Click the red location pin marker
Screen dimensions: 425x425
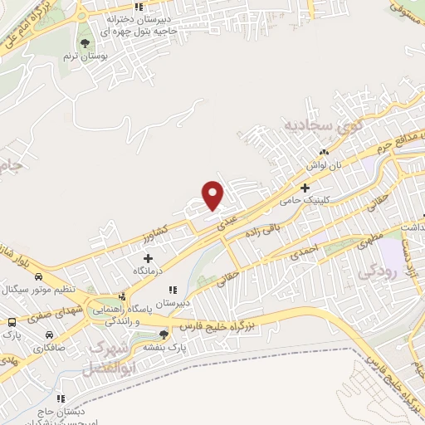[214, 194]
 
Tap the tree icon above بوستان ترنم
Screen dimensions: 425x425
[85, 42]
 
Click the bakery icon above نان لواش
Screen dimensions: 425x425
[325, 152]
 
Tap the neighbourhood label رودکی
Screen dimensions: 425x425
[370, 271]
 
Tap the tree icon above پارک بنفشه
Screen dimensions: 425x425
[163, 335]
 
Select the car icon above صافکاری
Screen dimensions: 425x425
[49, 335]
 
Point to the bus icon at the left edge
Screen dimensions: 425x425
[12, 321]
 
